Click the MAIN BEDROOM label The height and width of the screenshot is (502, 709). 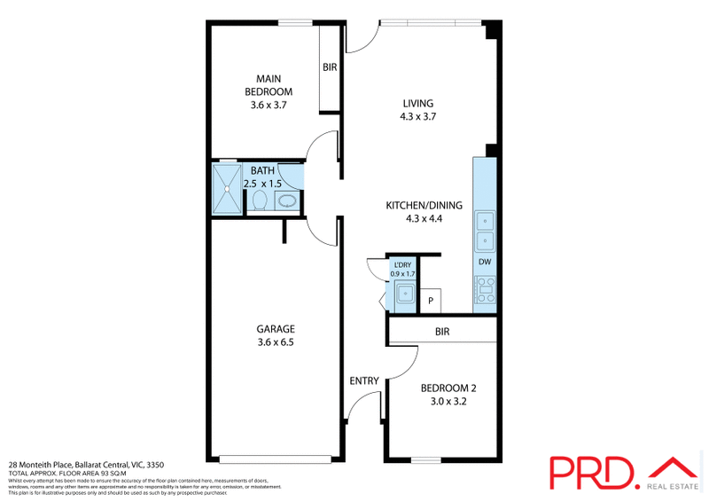coord(269,85)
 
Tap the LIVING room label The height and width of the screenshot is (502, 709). coord(418,104)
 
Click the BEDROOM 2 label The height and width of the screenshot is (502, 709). coord(448,388)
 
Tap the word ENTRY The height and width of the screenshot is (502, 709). coord(364,381)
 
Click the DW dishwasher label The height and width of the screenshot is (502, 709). coord(485,262)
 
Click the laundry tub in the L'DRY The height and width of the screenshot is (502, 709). coord(405,293)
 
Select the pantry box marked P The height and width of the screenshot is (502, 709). coord(431,301)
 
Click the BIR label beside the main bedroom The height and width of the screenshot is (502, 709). coord(330,67)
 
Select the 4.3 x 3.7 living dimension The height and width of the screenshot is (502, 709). coord(418,116)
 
